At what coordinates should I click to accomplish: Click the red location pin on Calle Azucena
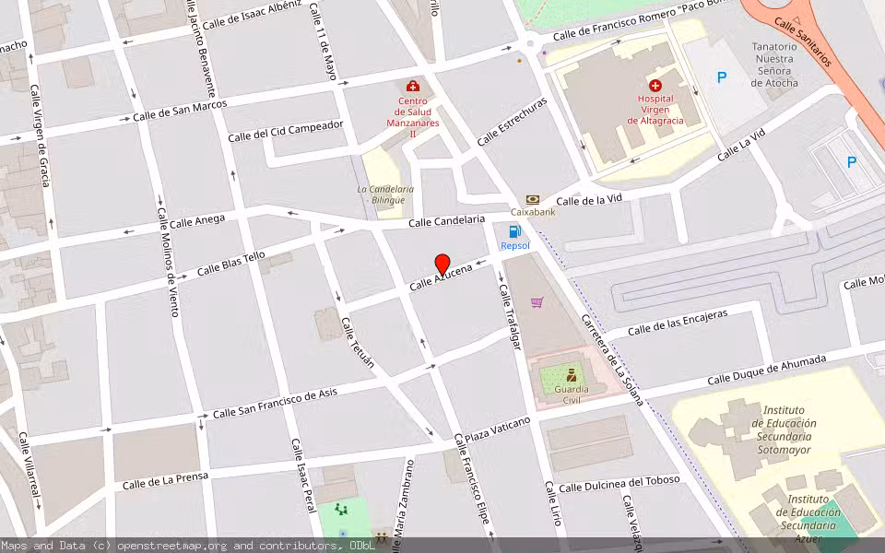pos(442,264)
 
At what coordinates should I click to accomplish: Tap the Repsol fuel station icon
pos(514,231)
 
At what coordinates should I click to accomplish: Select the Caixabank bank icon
pos(533,199)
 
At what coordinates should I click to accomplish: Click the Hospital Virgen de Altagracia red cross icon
pos(655,85)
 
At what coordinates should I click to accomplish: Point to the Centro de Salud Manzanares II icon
pos(412,86)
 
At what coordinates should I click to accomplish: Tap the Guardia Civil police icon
pos(572,375)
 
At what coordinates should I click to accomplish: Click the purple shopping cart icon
pos(537,301)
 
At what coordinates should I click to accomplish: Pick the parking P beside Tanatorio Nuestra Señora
pos(722,77)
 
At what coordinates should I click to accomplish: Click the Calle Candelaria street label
pos(446,221)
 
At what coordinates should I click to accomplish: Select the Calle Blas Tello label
pos(231,264)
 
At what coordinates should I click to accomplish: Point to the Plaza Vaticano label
pos(497,429)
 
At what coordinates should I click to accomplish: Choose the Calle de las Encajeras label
pos(677,323)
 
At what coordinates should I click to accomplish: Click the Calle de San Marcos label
pos(180,111)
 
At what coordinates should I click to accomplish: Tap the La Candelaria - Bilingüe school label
pos(385,194)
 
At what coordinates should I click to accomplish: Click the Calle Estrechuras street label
pos(512,122)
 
